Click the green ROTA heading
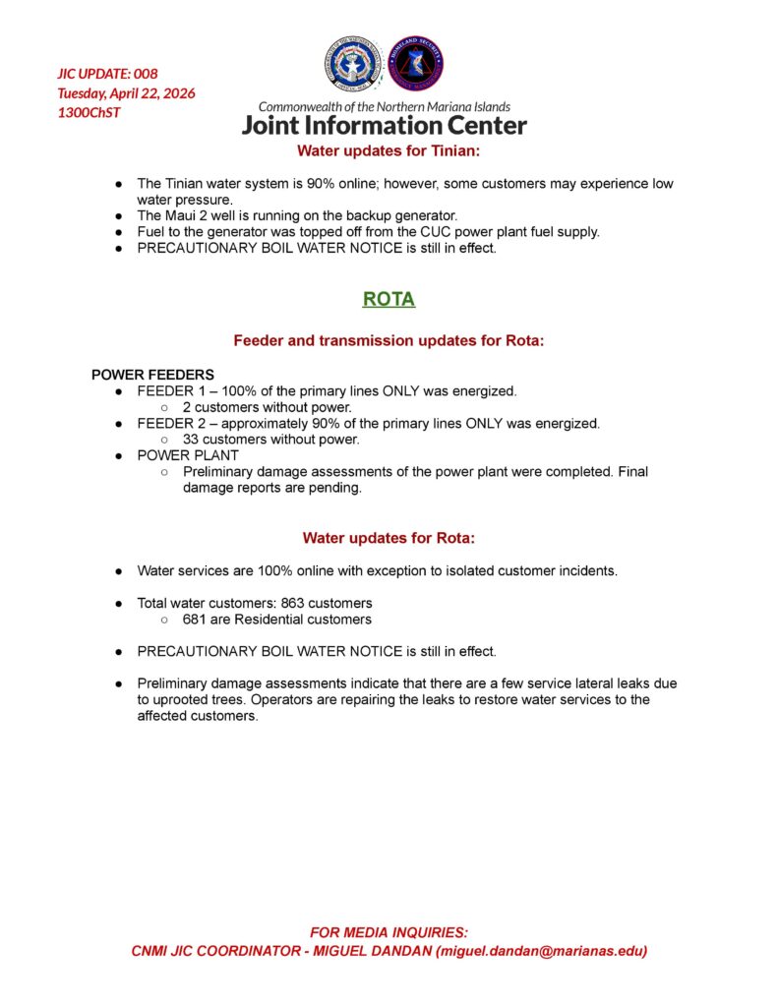(x=389, y=300)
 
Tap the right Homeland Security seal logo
(x=415, y=65)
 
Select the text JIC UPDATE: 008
(x=107, y=74)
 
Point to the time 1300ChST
(x=90, y=112)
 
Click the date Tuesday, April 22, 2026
(x=126, y=93)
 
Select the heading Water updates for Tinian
(x=389, y=151)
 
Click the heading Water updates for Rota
(x=389, y=538)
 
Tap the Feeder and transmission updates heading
(x=389, y=340)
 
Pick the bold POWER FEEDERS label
(x=152, y=375)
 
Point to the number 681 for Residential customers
(x=195, y=620)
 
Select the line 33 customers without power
(x=270, y=440)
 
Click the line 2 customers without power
(x=267, y=407)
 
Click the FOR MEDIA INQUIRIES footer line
(x=389, y=932)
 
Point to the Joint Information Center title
(x=384, y=125)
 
